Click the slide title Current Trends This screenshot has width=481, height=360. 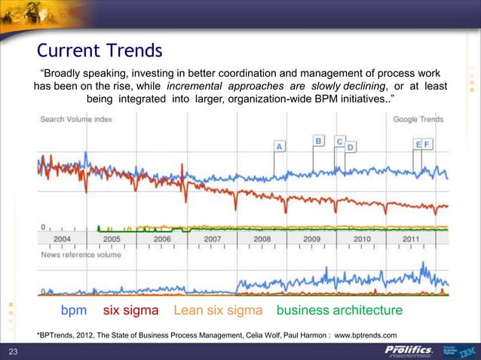(100, 51)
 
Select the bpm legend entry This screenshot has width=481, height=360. (74, 310)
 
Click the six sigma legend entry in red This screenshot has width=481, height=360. (130, 310)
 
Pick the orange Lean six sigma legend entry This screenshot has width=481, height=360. (217, 310)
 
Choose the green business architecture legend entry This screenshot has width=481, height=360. (339, 310)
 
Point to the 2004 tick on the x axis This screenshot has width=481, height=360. (62, 238)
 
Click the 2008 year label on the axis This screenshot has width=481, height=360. (262, 238)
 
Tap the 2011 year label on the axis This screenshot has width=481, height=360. (411, 238)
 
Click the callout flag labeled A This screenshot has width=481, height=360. (279, 147)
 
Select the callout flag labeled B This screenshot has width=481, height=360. (318, 141)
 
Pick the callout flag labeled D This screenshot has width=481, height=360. (351, 147)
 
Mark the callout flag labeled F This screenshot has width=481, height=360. (427, 143)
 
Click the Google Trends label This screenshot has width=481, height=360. (418, 119)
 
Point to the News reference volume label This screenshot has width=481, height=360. (81, 255)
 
